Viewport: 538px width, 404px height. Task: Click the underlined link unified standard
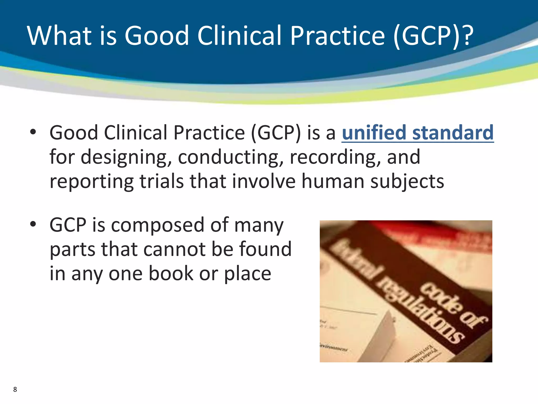coord(417,133)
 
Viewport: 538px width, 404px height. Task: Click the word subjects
coord(407,181)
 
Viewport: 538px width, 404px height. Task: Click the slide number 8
coord(15,389)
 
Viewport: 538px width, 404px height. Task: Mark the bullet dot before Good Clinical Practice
coord(33,132)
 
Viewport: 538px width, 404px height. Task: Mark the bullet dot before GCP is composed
coord(33,224)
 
